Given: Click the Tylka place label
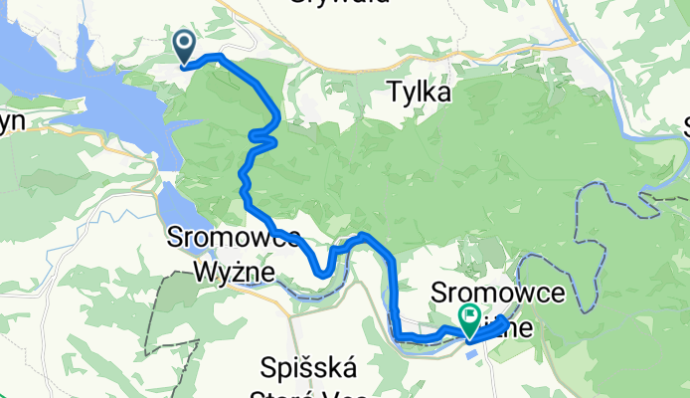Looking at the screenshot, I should pyautogui.click(x=418, y=94).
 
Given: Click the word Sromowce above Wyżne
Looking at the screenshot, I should pyautogui.click(x=221, y=239).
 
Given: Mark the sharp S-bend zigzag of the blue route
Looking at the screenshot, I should pyautogui.click(x=262, y=138).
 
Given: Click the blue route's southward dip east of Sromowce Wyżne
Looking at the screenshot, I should pyautogui.click(x=322, y=269).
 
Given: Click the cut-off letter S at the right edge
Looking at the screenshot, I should pyautogui.click(x=685, y=124).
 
